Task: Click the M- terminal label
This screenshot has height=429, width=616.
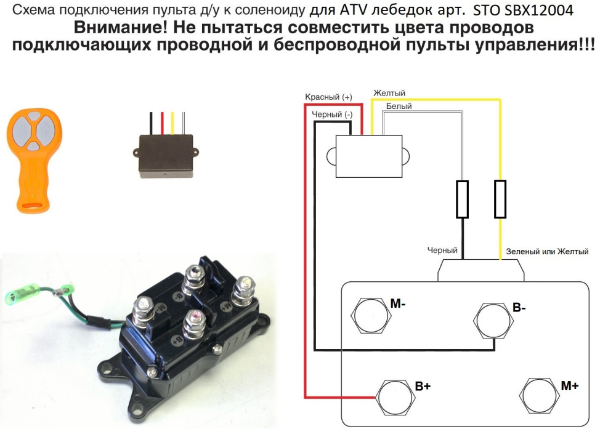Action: click(x=398, y=303)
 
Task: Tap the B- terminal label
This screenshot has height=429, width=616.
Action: click(x=519, y=307)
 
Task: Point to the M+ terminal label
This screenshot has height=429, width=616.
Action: click(x=570, y=386)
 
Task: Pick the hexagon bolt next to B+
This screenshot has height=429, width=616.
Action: click(x=394, y=398)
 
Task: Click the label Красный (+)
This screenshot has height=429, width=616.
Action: click(x=329, y=97)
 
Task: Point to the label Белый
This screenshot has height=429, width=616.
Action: click(x=399, y=106)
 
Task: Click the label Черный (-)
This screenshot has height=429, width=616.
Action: click(x=332, y=114)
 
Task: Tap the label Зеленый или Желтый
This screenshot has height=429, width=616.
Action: click(x=547, y=252)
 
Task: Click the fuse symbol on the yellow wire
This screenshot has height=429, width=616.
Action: click(x=500, y=199)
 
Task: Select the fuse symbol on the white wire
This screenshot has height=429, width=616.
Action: click(x=462, y=199)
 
